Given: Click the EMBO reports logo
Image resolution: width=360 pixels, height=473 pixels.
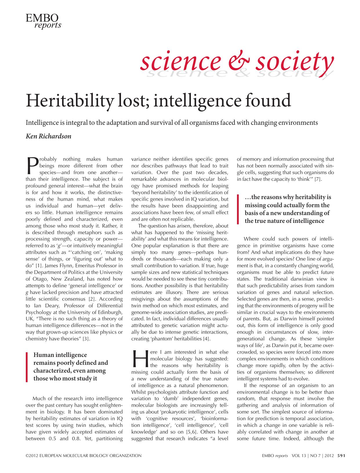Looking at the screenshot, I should click(44, 21).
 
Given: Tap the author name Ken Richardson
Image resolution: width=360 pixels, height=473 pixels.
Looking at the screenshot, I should click(48, 136).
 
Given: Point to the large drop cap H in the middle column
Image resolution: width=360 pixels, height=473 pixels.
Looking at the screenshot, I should click(140, 359).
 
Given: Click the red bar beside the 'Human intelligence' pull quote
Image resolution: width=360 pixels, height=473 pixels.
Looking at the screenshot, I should click(27, 367).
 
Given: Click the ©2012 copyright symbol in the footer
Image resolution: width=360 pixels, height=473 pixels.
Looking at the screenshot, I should click(27, 456).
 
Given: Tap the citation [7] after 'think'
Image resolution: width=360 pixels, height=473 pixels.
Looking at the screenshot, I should click(318, 179).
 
